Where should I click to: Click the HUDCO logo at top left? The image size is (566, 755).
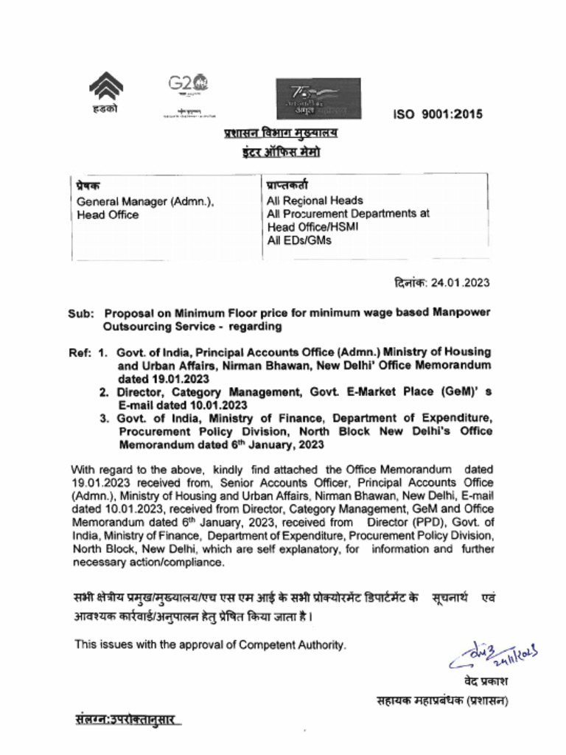pyautogui.click(x=105, y=93)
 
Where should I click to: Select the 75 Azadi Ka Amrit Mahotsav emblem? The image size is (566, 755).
pyautogui.click(x=318, y=99)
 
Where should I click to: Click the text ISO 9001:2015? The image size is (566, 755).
pyautogui.click(x=438, y=114)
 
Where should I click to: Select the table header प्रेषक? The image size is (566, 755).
pyautogui.click(x=89, y=186)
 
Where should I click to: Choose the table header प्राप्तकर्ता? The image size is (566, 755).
pyautogui.click(x=288, y=186)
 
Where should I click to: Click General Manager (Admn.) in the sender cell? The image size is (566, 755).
pyautogui.click(x=145, y=201)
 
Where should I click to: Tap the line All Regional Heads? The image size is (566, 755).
pyautogui.click(x=315, y=200)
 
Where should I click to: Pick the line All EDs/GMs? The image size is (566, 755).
pyautogui.click(x=299, y=240)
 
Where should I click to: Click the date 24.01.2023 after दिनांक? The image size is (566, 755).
pyautogui.click(x=461, y=282)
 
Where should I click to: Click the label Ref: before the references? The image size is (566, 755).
pyautogui.click(x=80, y=352)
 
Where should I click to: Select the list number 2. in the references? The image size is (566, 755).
pyautogui.click(x=105, y=392)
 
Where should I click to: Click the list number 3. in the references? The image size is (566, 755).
pyautogui.click(x=105, y=419)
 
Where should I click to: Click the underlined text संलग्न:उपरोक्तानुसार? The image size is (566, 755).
pyautogui.click(x=125, y=718)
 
